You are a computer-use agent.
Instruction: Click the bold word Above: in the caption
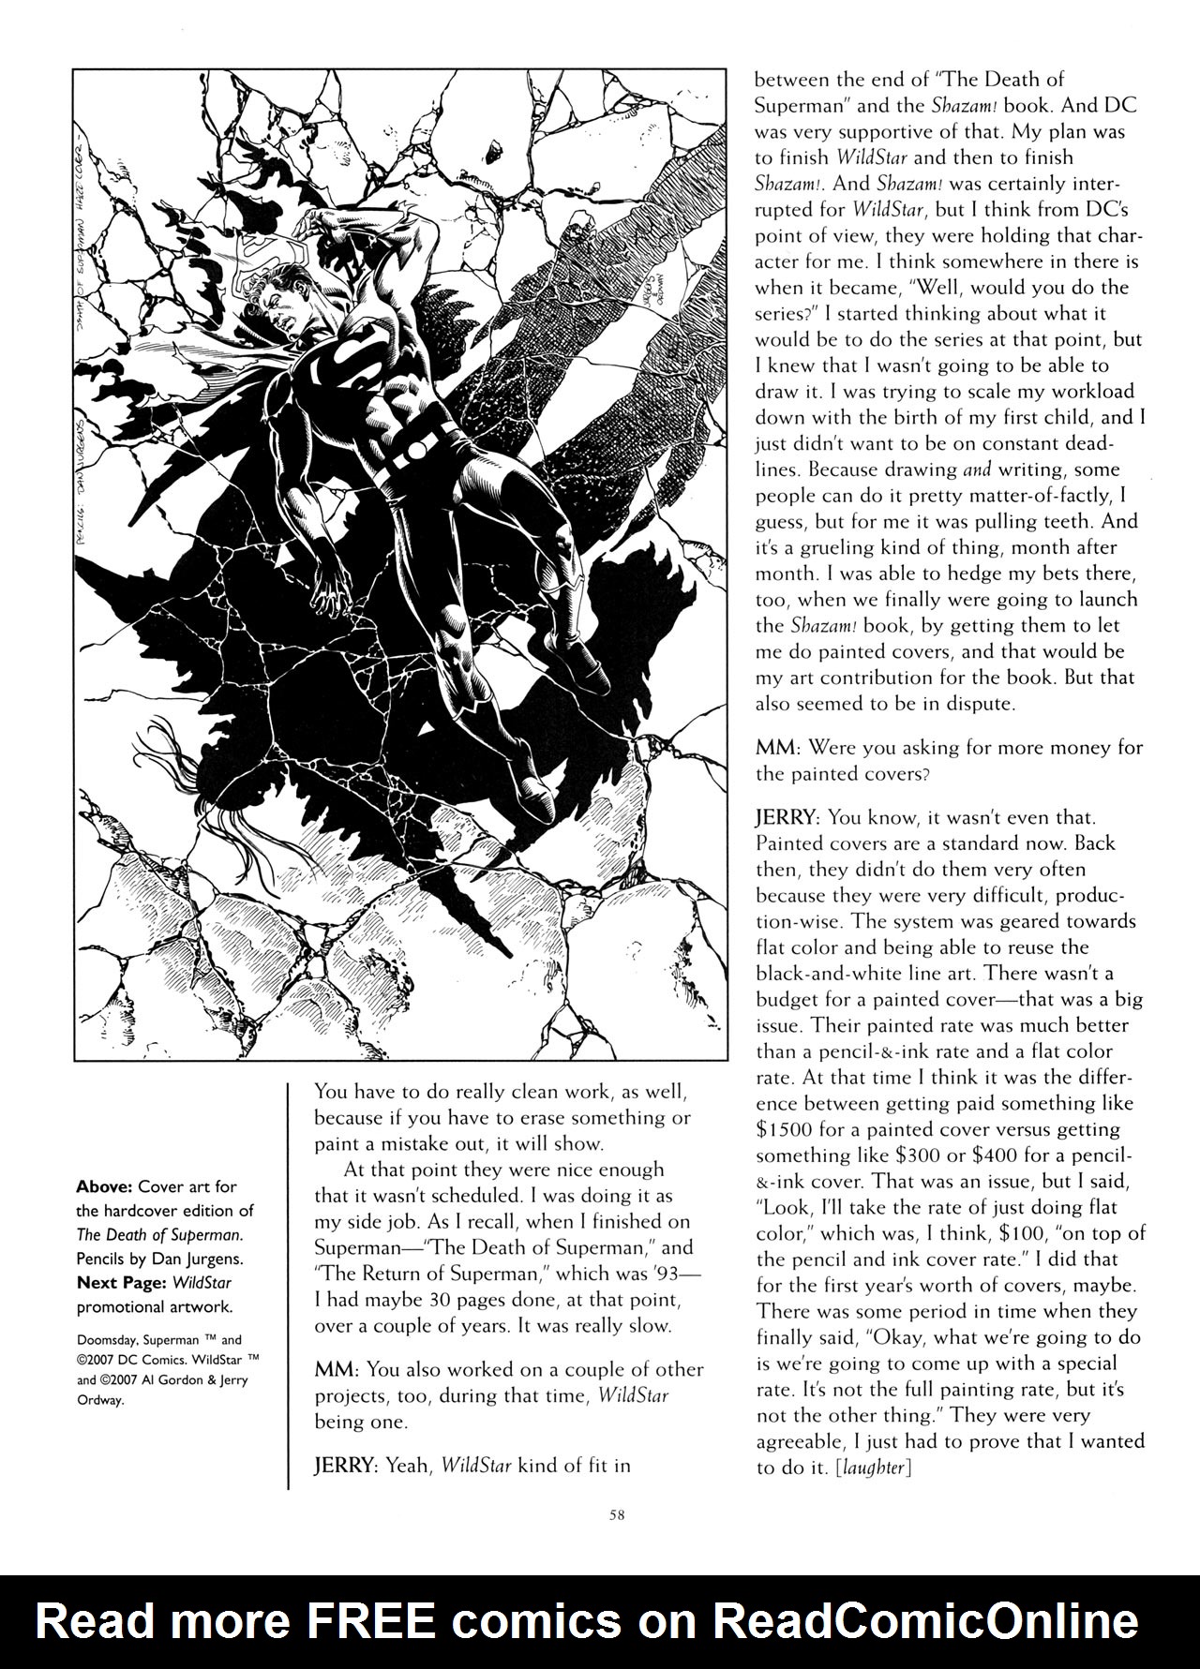(x=104, y=1186)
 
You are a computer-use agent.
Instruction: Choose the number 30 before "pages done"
(x=434, y=1300)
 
